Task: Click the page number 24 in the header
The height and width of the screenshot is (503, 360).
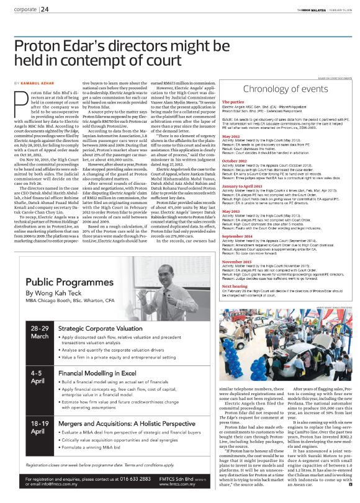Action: tap(45, 9)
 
